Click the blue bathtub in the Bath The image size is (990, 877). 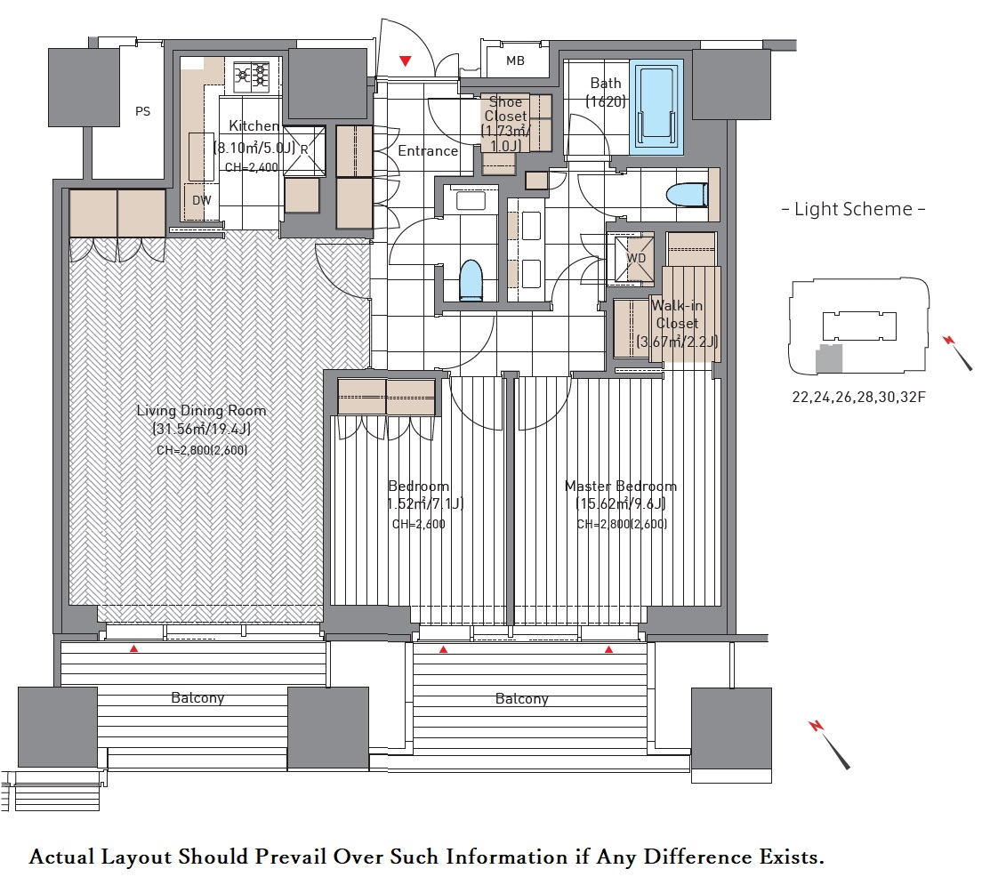(x=656, y=107)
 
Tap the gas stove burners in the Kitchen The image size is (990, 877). (x=252, y=77)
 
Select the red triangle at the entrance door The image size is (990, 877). (x=406, y=61)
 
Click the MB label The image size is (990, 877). (x=515, y=60)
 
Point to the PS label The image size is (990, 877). (x=142, y=111)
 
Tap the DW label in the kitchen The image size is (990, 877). (x=201, y=200)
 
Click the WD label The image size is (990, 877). (x=636, y=258)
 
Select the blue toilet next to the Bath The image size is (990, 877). (x=687, y=195)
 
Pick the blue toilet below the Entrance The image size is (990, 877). (x=471, y=279)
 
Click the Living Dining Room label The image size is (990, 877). (x=201, y=410)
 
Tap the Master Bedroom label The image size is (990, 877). (x=621, y=487)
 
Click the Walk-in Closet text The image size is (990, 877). (x=677, y=315)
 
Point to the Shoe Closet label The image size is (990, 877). (x=506, y=109)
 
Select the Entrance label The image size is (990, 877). (x=428, y=151)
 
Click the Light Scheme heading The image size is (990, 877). (x=854, y=209)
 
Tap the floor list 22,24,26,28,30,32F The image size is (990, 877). (x=858, y=398)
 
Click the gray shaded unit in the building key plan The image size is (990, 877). (x=829, y=358)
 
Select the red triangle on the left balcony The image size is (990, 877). (x=133, y=648)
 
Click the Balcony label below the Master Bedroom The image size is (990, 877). (x=521, y=699)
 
